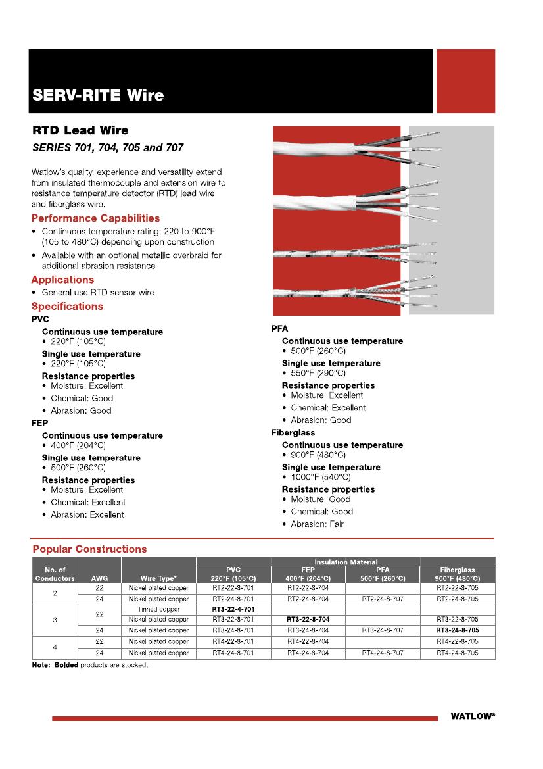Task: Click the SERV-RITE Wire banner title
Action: pos(98,96)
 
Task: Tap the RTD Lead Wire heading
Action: pos(80,130)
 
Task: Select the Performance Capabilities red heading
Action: pos(95,218)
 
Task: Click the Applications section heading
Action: pos(62,280)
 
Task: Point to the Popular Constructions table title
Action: pos(89,549)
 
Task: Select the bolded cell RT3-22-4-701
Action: pos(233,609)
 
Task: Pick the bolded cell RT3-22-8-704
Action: pos(308,620)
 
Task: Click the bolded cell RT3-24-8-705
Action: pos(458,630)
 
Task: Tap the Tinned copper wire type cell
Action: pos(158,609)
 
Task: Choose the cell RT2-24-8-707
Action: pos(383,599)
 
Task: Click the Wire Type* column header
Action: pos(158,578)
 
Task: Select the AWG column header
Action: pos(99,578)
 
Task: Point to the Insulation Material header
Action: pos(346,562)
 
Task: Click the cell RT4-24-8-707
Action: pos(383,653)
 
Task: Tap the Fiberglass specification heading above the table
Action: pos(293,433)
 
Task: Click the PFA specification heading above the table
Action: pos(279,328)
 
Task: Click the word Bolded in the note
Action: pos(65,665)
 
